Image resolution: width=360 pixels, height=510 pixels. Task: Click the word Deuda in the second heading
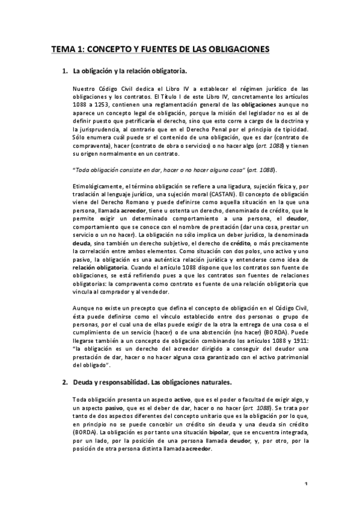click(84, 382)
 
